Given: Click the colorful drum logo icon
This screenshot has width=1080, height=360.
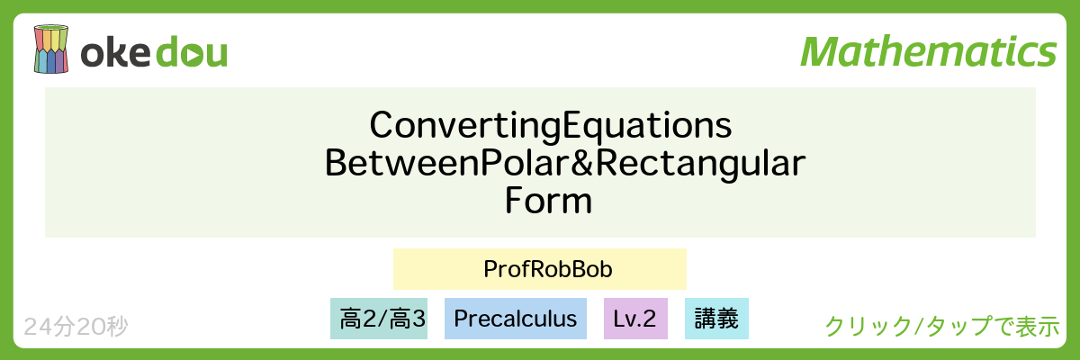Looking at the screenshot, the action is click(x=50, y=49).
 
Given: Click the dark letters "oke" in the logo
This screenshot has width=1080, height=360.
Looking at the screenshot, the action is click(x=116, y=52).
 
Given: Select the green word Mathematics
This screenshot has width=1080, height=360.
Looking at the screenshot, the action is click(x=929, y=51).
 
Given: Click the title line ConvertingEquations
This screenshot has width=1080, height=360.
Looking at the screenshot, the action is click(x=551, y=125).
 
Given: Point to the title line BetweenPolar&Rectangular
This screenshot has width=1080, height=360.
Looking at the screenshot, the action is click(x=565, y=163).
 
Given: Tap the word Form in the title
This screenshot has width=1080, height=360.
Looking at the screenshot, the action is click(x=548, y=201).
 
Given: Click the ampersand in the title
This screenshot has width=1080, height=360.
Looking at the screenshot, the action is click(x=582, y=162).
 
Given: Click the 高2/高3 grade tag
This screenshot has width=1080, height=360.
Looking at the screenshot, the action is click(x=379, y=319).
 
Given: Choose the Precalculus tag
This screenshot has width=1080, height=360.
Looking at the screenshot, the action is click(x=516, y=319).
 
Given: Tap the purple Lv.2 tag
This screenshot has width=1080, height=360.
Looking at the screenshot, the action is click(x=635, y=319).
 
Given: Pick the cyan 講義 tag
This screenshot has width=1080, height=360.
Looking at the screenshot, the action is click(x=716, y=319).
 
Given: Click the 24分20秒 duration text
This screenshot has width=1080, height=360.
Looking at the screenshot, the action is click(x=76, y=327).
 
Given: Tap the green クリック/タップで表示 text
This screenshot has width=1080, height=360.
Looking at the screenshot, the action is click(x=942, y=327).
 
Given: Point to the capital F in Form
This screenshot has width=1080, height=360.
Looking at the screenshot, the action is click(x=513, y=201).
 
